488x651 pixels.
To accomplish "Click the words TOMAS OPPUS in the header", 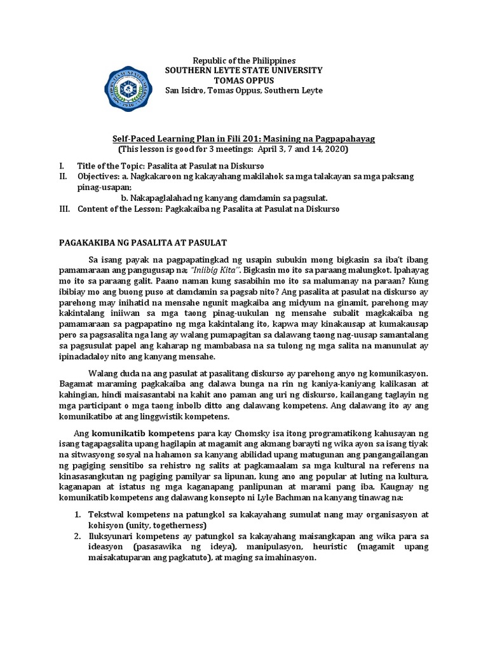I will pyautogui.click(x=243, y=80).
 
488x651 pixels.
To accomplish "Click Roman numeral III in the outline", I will pyautogui.click(x=64, y=209).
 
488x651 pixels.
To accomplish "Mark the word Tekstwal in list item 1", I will pyautogui.click(x=107, y=513).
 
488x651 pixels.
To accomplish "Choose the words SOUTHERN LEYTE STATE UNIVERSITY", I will pyautogui.click(x=243, y=70).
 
